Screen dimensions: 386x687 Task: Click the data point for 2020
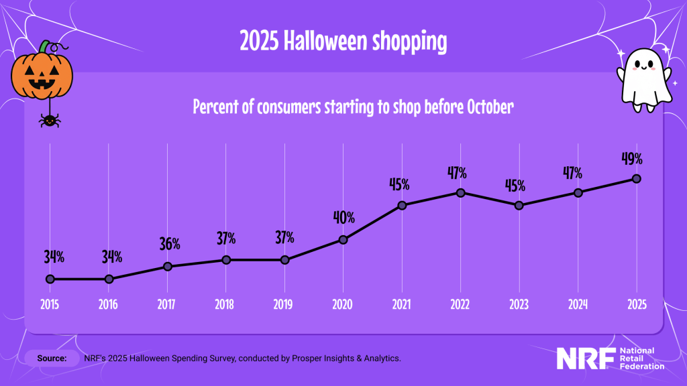[343, 239]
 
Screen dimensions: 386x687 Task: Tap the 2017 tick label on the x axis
[166, 304]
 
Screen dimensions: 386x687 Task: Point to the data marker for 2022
[460, 192]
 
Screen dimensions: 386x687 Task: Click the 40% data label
[343, 218]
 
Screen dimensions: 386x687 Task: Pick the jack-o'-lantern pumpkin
[42, 76]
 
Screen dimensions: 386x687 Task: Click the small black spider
[48, 121]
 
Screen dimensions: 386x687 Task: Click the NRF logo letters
[585, 359]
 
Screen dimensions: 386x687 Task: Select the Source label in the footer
[52, 359]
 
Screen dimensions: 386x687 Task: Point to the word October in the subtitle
[487, 107]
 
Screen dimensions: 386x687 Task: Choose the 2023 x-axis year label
[519, 304]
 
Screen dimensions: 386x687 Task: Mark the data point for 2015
[50, 279]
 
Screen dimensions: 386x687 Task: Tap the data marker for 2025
[637, 179]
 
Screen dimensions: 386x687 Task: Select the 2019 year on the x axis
[284, 304]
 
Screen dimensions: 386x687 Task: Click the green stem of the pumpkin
[44, 47]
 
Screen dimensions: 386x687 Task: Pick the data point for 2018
[226, 259]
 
